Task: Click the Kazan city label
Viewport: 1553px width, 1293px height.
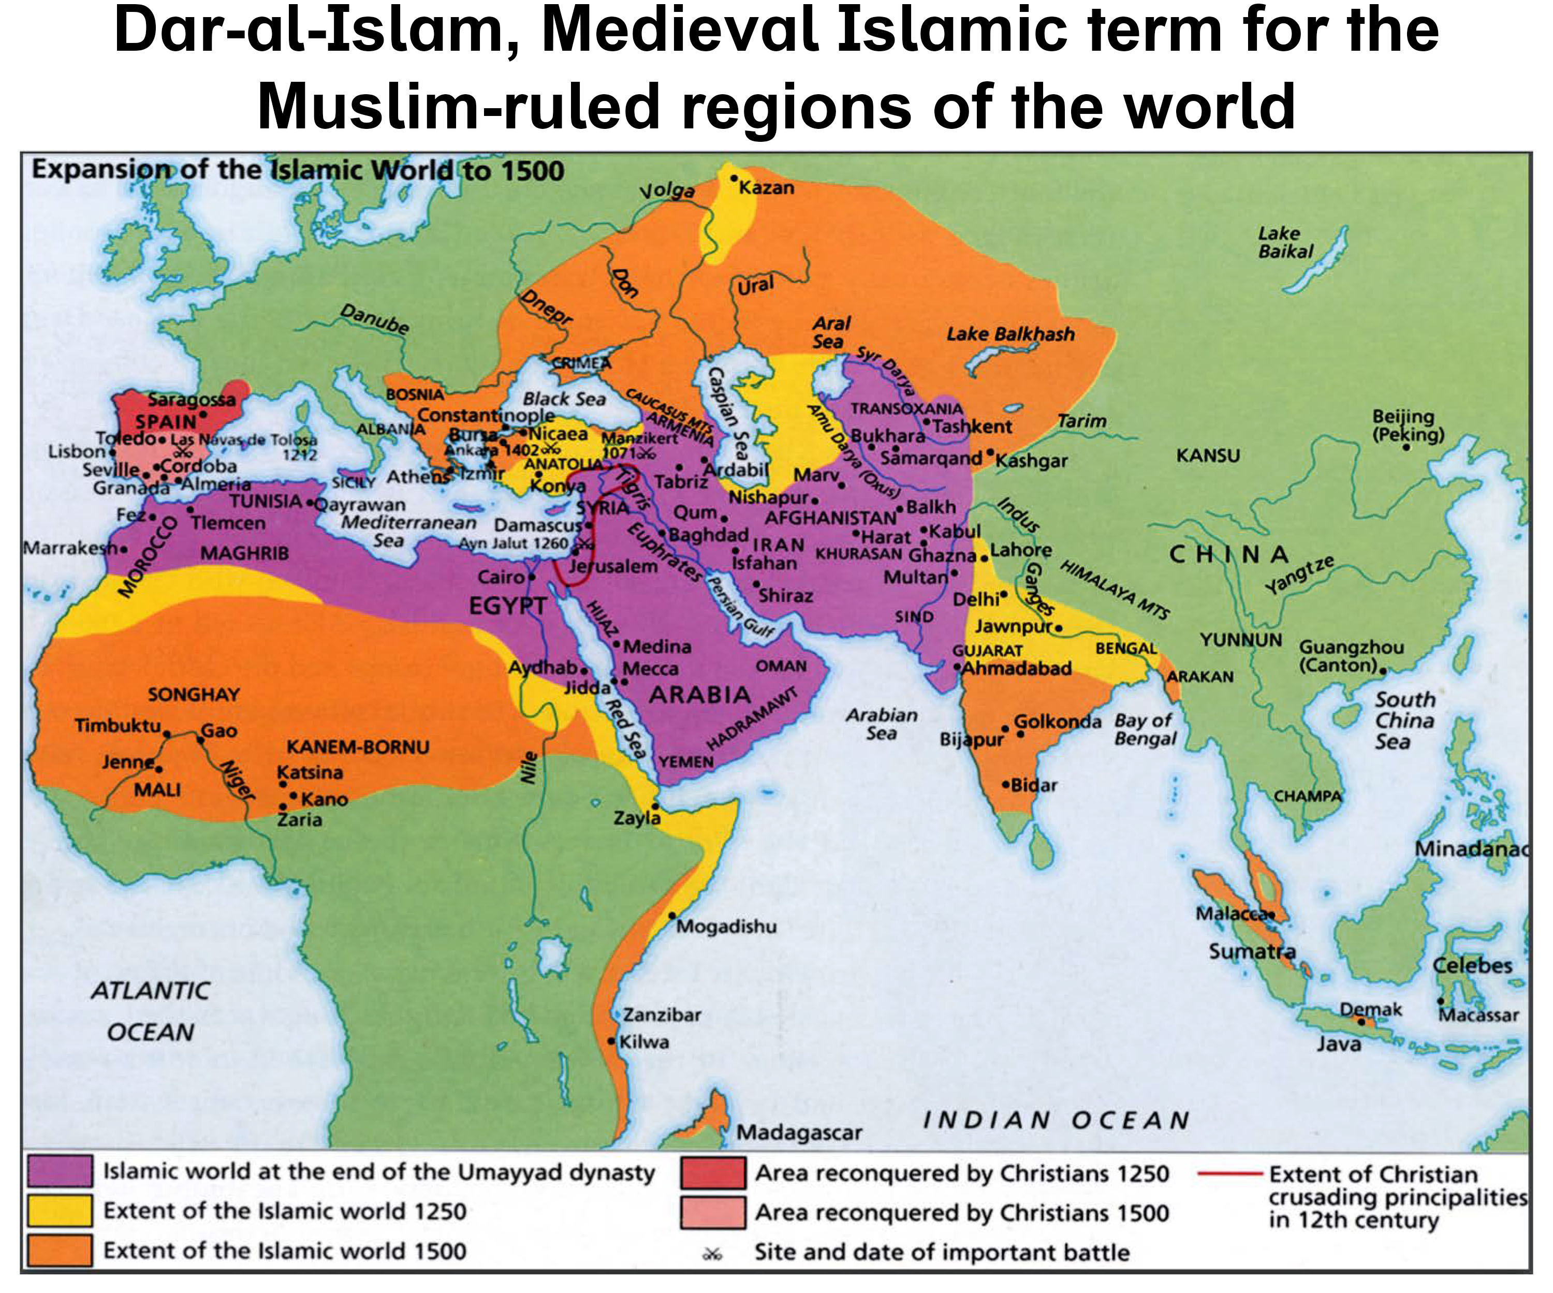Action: coord(766,188)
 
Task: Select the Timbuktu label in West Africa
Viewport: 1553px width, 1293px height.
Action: coord(118,725)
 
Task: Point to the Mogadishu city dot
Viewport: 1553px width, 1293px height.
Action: coord(671,915)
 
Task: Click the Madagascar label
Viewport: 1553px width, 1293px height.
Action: coord(799,1133)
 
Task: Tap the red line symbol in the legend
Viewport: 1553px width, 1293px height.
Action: coord(1228,1173)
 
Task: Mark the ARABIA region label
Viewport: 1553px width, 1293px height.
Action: coord(699,695)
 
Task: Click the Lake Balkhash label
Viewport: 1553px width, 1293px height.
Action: coord(1010,334)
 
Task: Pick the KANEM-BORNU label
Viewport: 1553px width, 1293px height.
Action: coord(358,747)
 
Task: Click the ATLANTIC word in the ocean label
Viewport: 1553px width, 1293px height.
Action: coord(151,991)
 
